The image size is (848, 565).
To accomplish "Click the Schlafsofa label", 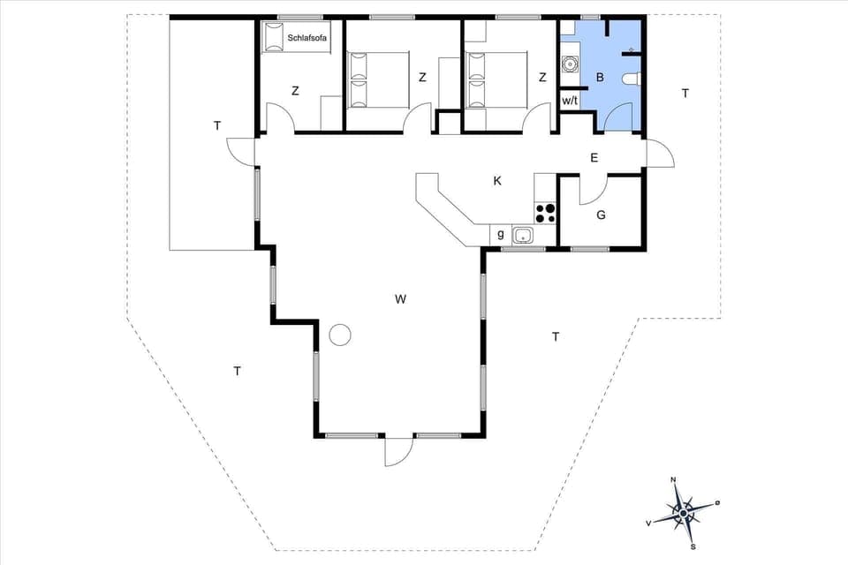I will pyautogui.click(x=308, y=38).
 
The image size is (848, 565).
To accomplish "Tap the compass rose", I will pyautogui.click(x=683, y=511).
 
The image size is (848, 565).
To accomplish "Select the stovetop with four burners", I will pyautogui.click(x=546, y=212).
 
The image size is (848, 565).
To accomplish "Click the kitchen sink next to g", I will pyautogui.click(x=522, y=235).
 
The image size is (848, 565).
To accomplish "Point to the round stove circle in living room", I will pyautogui.click(x=340, y=335).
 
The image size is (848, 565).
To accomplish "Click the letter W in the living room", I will pyautogui.click(x=400, y=299).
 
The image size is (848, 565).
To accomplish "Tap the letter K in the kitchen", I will pyautogui.click(x=497, y=181).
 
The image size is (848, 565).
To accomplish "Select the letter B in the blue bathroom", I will pyautogui.click(x=600, y=78).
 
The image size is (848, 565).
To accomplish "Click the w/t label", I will pyautogui.click(x=570, y=101).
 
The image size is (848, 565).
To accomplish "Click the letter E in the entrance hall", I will pyautogui.click(x=594, y=158).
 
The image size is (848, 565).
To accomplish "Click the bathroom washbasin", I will pyautogui.click(x=568, y=64).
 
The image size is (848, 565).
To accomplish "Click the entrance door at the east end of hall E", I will pyautogui.click(x=659, y=154).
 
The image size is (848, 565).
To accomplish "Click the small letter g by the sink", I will pyautogui.click(x=501, y=234).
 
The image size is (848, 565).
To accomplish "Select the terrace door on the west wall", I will pyautogui.click(x=240, y=151).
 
